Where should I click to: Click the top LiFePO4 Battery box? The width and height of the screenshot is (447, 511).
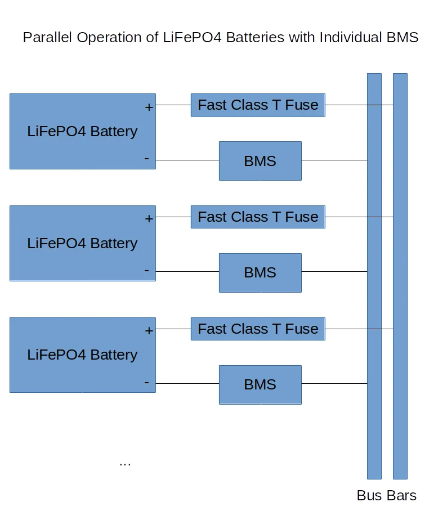pos(82,131)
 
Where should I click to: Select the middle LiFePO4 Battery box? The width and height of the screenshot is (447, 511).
pos(82,243)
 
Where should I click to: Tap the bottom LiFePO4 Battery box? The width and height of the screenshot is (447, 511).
pos(82,355)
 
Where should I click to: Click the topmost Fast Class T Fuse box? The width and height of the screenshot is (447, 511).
pos(258,105)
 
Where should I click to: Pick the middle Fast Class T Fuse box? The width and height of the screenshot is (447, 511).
pos(258,217)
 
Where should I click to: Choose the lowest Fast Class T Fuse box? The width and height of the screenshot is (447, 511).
pos(258,329)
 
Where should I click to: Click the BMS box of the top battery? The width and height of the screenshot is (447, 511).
pos(260,161)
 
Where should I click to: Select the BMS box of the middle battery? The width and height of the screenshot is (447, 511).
pos(260,273)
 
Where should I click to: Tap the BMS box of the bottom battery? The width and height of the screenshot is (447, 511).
pos(260,385)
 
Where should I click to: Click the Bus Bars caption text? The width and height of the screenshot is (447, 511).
pos(387,496)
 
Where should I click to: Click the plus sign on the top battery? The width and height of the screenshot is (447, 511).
pos(149,107)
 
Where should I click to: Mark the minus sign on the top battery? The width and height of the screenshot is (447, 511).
pos(147,159)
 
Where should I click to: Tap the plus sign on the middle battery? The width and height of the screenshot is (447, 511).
pos(149,219)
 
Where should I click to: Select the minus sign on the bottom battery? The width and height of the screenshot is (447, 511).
pos(147,383)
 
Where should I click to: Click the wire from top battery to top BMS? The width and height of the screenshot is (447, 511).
pos(187,160)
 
